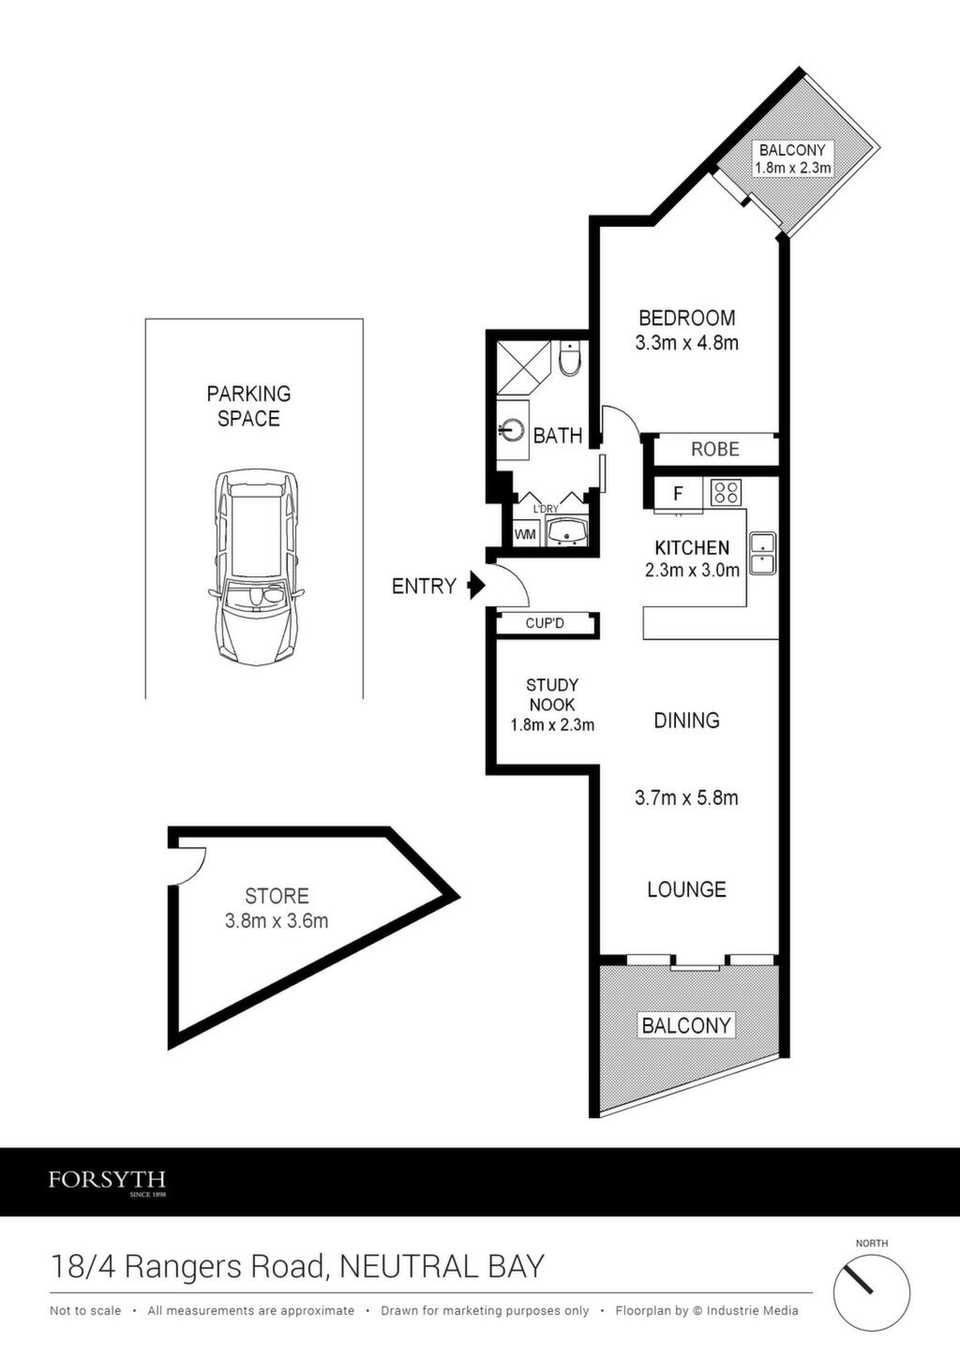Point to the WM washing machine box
click(x=525, y=534)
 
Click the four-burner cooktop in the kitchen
click(x=726, y=492)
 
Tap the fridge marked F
click(x=679, y=493)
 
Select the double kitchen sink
click(x=762, y=553)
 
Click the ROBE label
click(x=715, y=449)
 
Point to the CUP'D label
click(x=545, y=623)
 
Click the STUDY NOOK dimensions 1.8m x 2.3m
click(x=552, y=724)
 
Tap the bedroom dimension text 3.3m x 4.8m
click(x=686, y=343)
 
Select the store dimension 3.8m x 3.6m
click(x=277, y=921)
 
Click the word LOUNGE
click(x=686, y=889)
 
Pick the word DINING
click(x=686, y=721)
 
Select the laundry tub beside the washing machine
click(x=566, y=532)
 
